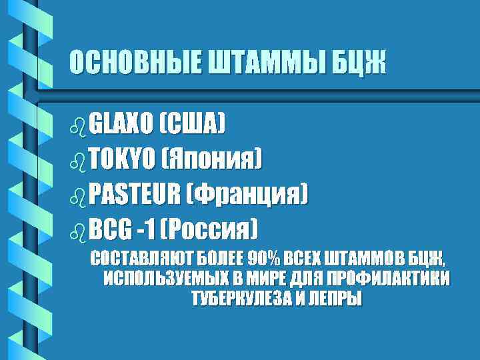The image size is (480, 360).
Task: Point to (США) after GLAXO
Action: pos(193,123)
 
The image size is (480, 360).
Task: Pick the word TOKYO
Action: pos(120,159)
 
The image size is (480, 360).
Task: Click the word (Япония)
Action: pos(211,159)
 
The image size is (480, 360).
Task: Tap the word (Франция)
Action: pos(248,195)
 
